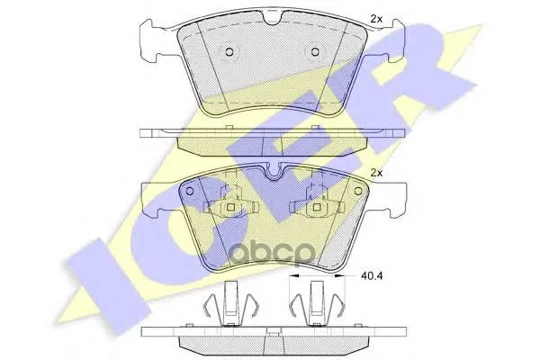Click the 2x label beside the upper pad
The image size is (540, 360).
pos(376,19)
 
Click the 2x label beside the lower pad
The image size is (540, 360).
pos(376,173)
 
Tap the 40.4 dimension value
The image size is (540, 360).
pos(372,275)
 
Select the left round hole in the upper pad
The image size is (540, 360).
pos(229,52)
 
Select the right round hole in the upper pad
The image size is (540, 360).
pos(315,52)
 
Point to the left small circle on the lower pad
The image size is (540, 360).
pos(189,191)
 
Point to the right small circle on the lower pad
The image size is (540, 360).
pos(358,191)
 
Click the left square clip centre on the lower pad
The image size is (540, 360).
pos(231,207)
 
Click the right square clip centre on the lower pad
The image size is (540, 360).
pos(317,207)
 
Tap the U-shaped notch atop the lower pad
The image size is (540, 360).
pos(274,171)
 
